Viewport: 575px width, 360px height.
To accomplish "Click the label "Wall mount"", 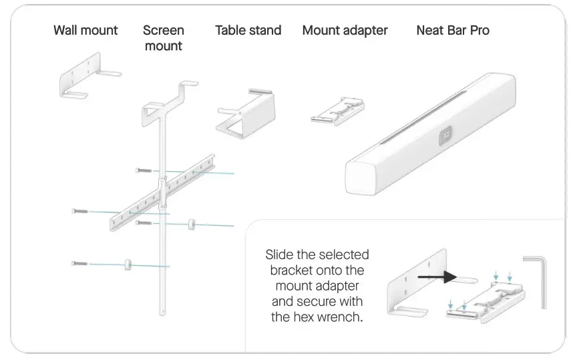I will pyautogui.click(x=85, y=30).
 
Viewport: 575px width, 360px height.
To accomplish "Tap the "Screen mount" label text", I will pyautogui.click(x=164, y=38).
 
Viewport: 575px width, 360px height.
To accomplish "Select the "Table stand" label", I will pyautogui.click(x=248, y=30).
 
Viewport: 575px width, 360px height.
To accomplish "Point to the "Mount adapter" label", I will pyautogui.click(x=345, y=30).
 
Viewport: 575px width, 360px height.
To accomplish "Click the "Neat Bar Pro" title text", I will pyautogui.click(x=452, y=30).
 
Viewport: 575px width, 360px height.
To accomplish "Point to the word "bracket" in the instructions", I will pyautogui.click(x=291, y=271).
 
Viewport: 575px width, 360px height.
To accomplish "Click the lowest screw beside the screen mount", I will pyautogui.click(x=79, y=264).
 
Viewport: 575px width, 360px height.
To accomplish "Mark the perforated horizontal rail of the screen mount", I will pyautogui.click(x=164, y=192).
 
